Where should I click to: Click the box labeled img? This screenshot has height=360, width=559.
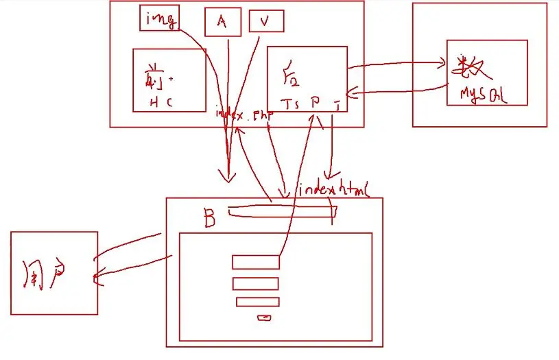click(159, 17)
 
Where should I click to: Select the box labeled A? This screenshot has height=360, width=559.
click(222, 21)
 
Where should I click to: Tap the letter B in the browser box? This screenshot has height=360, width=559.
click(209, 218)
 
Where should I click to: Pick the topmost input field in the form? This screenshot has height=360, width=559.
click(256, 262)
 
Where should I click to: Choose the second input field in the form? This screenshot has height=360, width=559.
click(255, 284)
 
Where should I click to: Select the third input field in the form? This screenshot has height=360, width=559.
click(257, 302)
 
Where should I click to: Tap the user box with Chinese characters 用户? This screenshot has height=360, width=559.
click(53, 272)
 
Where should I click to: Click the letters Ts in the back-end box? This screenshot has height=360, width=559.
click(292, 103)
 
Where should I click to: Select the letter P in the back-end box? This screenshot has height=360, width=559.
click(315, 101)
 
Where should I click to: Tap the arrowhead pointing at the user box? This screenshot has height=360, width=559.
click(95, 278)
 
